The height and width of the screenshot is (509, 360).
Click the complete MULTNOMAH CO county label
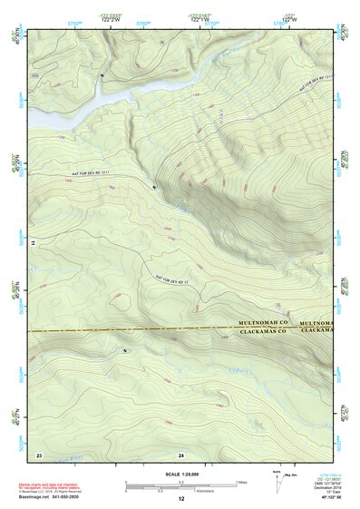(x=262, y=322)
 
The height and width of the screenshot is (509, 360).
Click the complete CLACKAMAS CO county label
(x=262, y=331)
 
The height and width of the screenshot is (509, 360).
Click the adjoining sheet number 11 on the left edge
(x=33, y=244)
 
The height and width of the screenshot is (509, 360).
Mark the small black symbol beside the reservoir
(x=102, y=76)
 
